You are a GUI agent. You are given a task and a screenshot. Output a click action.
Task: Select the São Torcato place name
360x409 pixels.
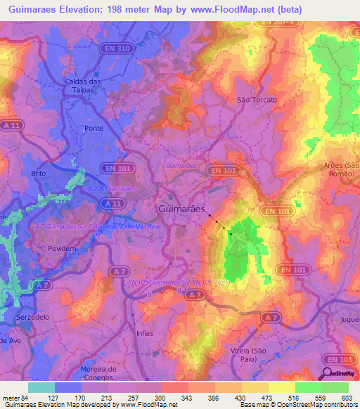tap(257, 100)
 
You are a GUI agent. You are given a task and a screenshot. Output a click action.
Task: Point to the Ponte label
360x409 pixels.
tap(94, 129)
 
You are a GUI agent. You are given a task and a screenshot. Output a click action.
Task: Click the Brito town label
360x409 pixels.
tap(38, 172)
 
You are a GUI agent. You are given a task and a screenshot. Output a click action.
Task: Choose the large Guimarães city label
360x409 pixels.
tap(182, 209)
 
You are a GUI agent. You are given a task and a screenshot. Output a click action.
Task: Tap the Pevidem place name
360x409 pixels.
tap(60, 249)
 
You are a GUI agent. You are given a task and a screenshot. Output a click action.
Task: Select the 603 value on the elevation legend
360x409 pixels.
tap(347, 398)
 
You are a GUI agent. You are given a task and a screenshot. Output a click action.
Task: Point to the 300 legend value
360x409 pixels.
tap(161, 398)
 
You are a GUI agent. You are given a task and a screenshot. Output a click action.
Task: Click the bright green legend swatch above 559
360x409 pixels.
tap(308, 387)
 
